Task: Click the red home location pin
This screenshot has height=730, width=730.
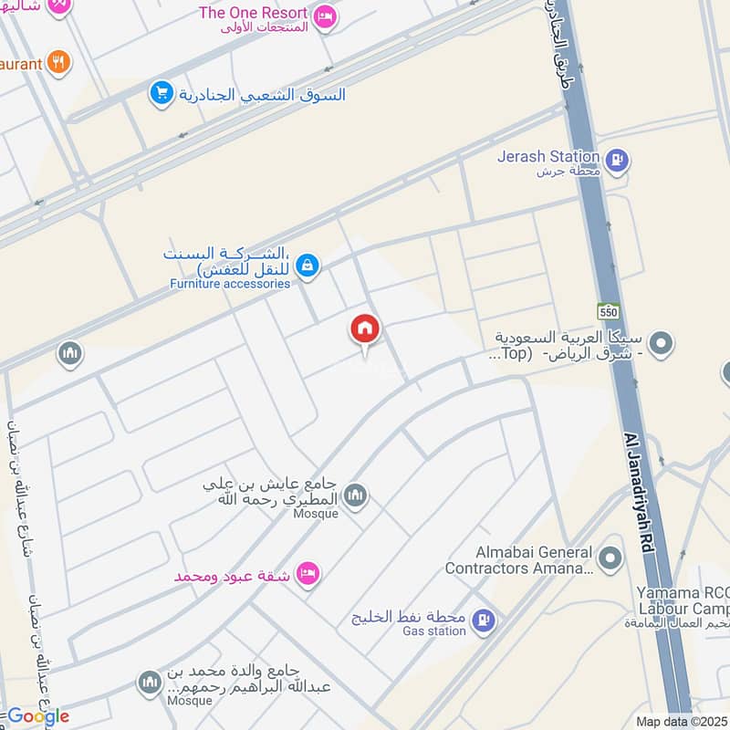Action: [365, 330]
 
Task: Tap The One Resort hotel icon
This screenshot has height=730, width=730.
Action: [324, 16]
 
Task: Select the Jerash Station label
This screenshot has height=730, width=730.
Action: [547, 156]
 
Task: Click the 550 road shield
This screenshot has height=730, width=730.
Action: [609, 311]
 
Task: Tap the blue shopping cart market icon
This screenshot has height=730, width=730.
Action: [162, 93]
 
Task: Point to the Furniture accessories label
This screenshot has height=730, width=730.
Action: [230, 284]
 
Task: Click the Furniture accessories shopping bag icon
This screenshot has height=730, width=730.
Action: [308, 265]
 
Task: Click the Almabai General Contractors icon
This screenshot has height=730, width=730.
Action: [610, 556]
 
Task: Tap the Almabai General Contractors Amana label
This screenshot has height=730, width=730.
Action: [520, 560]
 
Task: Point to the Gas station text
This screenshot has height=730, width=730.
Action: [434, 631]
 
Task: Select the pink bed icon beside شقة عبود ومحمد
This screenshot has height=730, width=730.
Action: [309, 574]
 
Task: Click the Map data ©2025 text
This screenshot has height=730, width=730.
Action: [682, 722]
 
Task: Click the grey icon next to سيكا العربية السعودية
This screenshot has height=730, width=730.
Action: [664, 344]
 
